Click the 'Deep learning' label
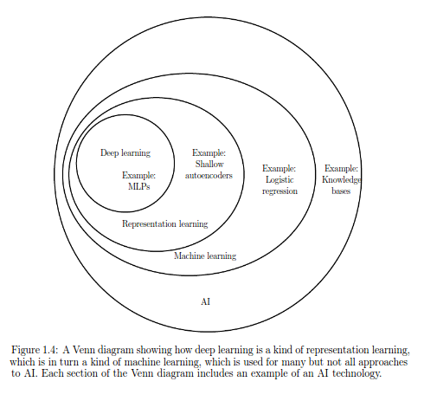[x=125, y=153]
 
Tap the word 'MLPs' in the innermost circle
[x=139, y=186]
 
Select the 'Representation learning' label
[x=165, y=224]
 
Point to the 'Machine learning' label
[x=205, y=256]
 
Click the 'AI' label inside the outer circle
[x=206, y=302]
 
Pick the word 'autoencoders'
[x=209, y=176]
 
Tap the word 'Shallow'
[x=209, y=164]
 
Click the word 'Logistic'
[x=279, y=180]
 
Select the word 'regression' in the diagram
[x=279, y=191]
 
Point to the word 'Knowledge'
[x=342, y=180]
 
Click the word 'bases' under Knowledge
[x=341, y=191]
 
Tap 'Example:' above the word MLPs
[x=138, y=175]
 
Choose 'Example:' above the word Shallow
[x=209, y=152]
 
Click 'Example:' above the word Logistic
[x=279, y=168]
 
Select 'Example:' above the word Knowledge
[x=341, y=168]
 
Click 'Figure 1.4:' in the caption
[x=35, y=350]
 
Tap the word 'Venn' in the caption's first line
[x=84, y=350]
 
